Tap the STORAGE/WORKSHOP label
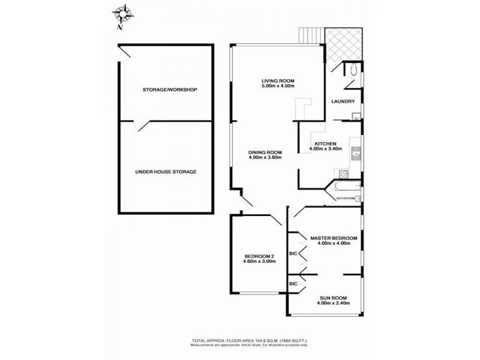point(170,89)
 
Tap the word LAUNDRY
point(344,101)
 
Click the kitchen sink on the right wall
point(356,154)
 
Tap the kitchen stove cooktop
point(344,175)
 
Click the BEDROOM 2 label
point(259,256)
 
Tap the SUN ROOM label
point(333,298)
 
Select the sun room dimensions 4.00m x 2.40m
point(333,304)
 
